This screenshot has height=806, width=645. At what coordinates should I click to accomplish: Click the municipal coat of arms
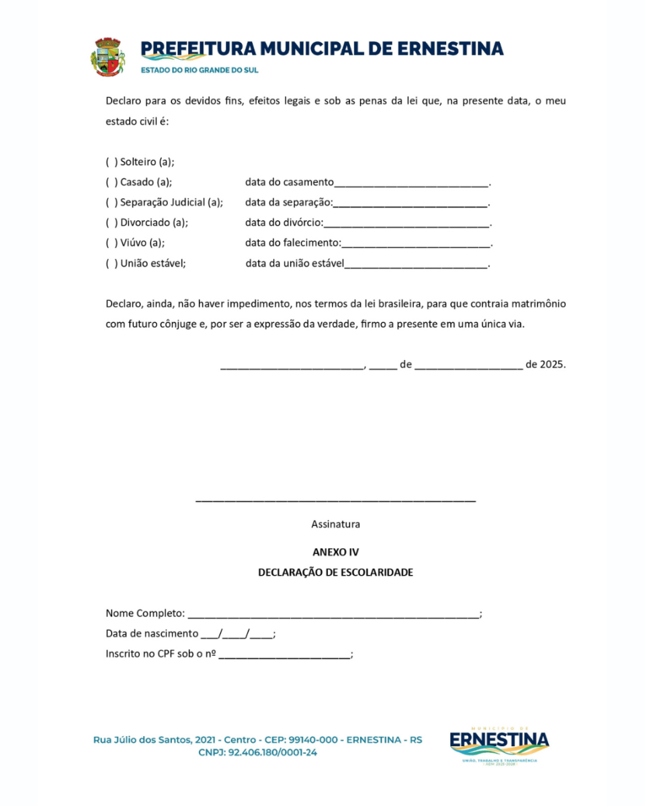(x=107, y=56)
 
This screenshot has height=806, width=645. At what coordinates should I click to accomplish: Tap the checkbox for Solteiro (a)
(x=112, y=162)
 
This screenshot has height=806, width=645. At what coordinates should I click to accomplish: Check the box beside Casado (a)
(x=112, y=182)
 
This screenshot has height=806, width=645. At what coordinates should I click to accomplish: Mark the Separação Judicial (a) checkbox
(x=112, y=202)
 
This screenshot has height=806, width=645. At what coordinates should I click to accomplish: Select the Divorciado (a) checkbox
(x=112, y=222)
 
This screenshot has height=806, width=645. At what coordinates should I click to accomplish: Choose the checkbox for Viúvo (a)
(x=112, y=243)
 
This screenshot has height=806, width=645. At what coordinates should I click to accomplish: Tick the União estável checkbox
(x=112, y=263)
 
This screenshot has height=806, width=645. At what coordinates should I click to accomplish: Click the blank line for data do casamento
(x=411, y=183)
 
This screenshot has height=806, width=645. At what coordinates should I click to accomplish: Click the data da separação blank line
(x=411, y=204)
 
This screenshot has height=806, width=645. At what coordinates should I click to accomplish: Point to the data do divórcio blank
(x=406, y=224)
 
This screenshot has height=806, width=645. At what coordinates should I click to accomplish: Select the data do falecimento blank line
(x=417, y=244)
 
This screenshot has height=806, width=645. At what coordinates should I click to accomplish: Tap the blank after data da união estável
(x=416, y=265)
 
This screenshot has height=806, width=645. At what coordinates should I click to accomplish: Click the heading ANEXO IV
(x=335, y=553)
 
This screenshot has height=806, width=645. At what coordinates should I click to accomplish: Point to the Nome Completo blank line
(x=333, y=615)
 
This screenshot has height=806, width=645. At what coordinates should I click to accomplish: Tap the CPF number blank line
(x=284, y=656)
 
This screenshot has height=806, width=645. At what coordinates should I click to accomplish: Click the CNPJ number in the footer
(x=272, y=753)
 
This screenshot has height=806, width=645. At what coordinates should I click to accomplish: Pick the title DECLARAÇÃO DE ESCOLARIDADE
(x=335, y=573)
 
